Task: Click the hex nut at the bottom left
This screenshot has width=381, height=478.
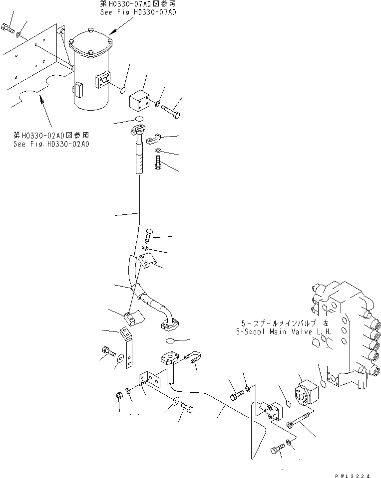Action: pos(119,396)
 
